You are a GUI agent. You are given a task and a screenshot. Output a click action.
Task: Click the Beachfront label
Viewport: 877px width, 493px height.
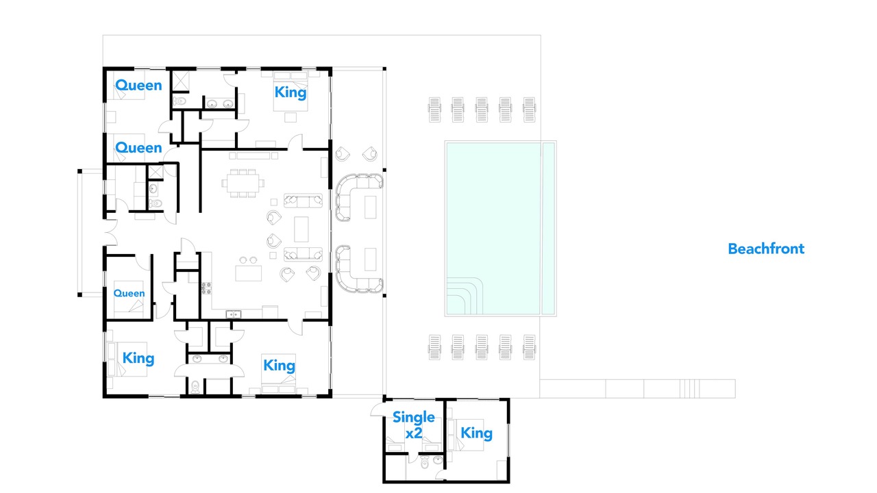click(766, 249)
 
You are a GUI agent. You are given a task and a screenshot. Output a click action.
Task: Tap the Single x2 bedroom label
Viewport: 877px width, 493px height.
click(413, 425)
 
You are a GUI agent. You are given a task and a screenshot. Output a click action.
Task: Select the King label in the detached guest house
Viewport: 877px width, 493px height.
click(476, 433)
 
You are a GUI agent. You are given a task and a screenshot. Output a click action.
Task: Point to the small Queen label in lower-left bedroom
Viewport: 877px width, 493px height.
click(129, 294)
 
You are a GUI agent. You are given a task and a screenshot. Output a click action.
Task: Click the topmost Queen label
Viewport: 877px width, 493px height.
click(138, 86)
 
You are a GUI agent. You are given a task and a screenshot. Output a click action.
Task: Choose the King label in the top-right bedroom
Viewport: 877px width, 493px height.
click(291, 92)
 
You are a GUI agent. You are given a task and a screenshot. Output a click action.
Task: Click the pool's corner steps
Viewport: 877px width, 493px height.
click(465, 296)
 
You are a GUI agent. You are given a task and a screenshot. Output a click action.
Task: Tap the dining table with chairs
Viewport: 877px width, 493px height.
click(243, 183)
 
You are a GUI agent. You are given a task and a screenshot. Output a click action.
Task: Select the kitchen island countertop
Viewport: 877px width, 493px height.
click(248, 273)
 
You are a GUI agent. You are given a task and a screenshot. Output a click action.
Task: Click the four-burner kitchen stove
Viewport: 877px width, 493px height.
click(206, 288)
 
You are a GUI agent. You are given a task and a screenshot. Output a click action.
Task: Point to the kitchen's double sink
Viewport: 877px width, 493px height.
click(234, 314)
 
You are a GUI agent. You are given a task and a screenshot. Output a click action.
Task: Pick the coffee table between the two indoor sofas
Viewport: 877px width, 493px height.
click(301, 229)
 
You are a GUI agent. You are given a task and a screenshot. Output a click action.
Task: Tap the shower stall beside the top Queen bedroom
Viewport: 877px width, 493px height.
click(182, 81)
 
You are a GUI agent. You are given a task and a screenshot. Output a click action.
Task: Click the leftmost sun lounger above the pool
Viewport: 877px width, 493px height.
click(434, 110)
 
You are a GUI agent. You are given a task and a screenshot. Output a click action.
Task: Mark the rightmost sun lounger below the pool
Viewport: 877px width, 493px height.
click(530, 347)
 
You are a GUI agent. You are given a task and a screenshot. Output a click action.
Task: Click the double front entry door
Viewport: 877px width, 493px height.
click(111, 233)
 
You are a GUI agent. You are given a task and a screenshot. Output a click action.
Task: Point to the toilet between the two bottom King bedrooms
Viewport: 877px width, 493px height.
click(195, 388)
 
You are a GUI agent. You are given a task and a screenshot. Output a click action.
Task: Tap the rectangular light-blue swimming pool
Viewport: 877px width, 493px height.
click(500, 229)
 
